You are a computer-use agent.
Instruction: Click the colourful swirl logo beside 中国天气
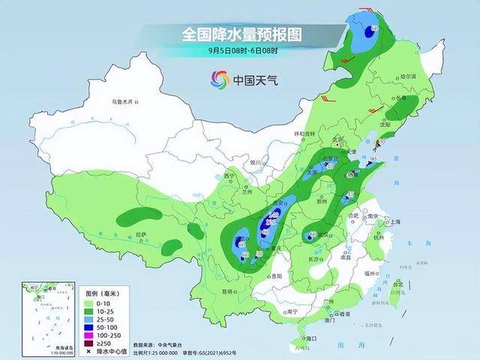220,79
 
